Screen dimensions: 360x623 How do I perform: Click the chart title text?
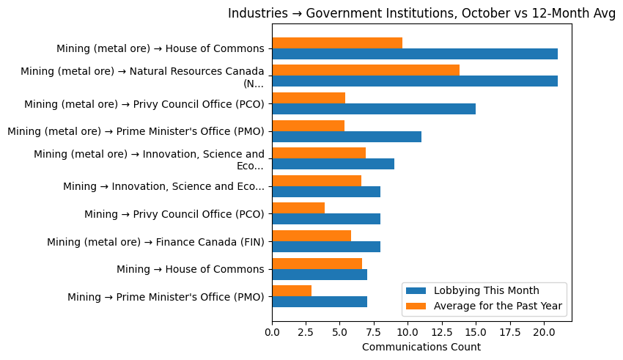tap(421, 13)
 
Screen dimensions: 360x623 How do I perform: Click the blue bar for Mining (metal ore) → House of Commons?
tap(415, 54)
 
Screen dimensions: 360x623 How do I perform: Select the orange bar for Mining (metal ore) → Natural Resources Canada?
tap(366, 70)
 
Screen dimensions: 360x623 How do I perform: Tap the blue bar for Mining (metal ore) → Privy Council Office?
tap(374, 109)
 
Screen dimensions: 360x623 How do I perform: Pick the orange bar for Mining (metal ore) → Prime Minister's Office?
tap(309, 125)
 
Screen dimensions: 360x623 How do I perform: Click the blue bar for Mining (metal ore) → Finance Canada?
tap(326, 246)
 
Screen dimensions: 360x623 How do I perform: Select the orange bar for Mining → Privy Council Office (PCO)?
tap(298, 208)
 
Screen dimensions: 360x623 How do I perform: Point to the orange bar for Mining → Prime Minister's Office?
tap(292, 291)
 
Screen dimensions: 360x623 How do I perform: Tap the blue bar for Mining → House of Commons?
tap(320, 274)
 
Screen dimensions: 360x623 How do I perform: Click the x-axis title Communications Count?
tap(421, 347)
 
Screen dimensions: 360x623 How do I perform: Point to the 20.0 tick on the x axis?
tap(544, 332)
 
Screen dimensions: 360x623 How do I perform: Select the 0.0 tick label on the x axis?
tap(272, 332)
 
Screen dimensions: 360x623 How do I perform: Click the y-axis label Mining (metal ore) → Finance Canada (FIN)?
tap(155, 241)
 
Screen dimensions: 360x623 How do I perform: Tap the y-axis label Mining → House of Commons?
tap(191, 269)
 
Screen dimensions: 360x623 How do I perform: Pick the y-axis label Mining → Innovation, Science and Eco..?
tap(163, 186)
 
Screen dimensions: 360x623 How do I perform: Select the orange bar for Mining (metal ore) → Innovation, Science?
tap(319, 153)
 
